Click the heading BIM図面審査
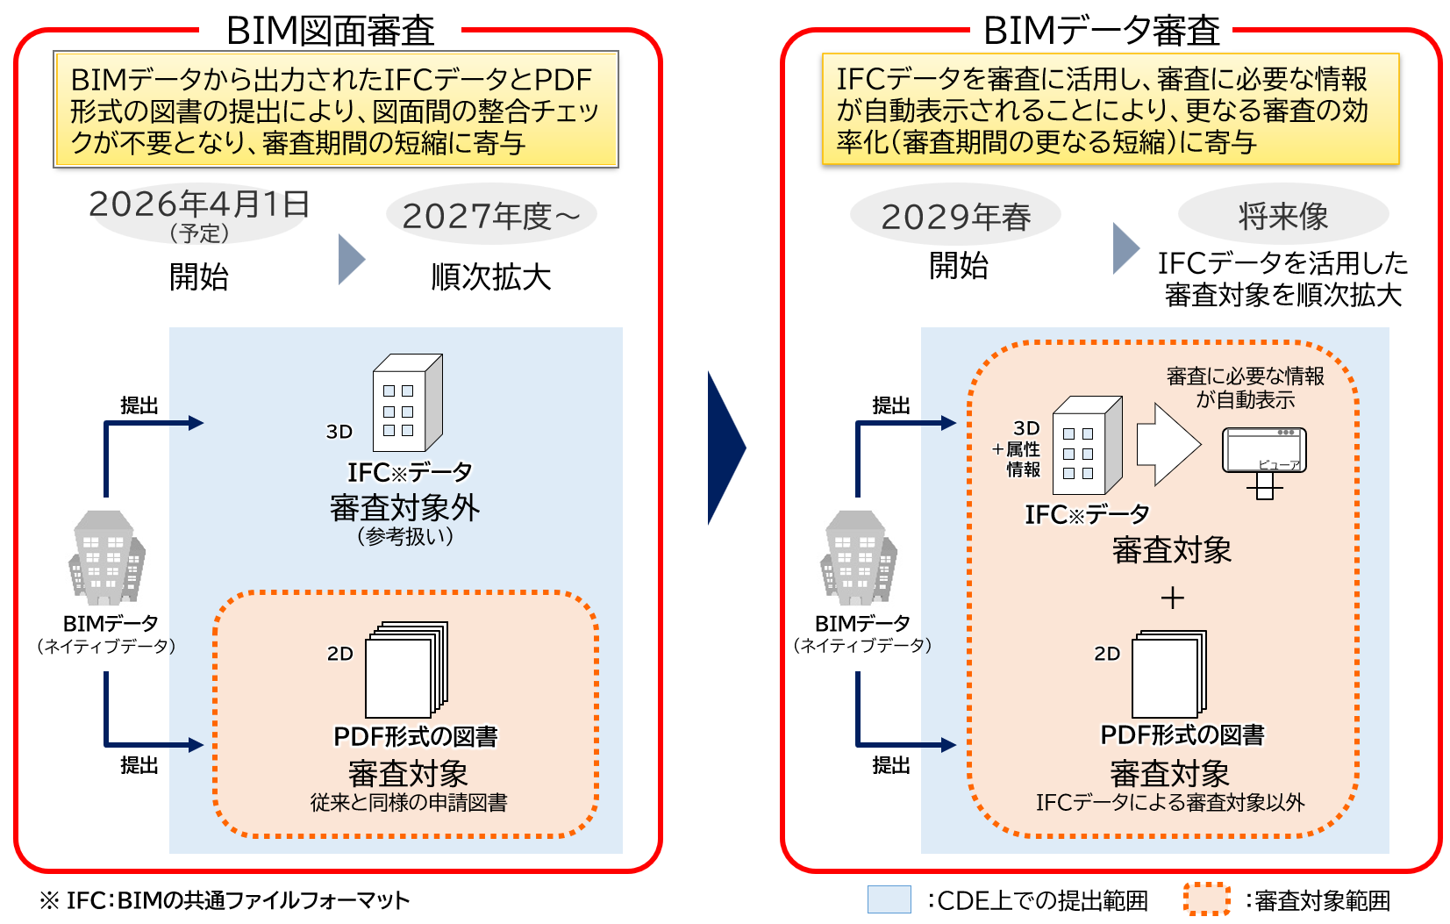(x=330, y=31)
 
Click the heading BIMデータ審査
(x=1101, y=31)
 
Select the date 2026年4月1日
(x=199, y=204)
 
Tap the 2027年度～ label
(x=491, y=216)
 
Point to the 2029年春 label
(x=955, y=217)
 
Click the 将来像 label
(x=1282, y=216)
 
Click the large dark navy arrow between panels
(x=725, y=448)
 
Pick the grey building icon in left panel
(x=107, y=558)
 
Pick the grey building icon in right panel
(x=859, y=558)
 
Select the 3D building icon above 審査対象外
(x=407, y=403)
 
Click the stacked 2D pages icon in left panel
(x=406, y=670)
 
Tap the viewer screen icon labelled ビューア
(x=1264, y=451)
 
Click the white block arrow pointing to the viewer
(x=1168, y=444)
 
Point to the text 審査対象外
(x=404, y=508)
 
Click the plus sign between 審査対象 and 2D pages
(x=1172, y=598)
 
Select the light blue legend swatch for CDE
(x=889, y=899)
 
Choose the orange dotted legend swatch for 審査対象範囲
(x=1206, y=899)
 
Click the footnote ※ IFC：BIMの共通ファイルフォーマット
(x=225, y=900)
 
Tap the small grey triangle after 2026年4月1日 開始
(x=350, y=260)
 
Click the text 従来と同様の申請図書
(x=408, y=802)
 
